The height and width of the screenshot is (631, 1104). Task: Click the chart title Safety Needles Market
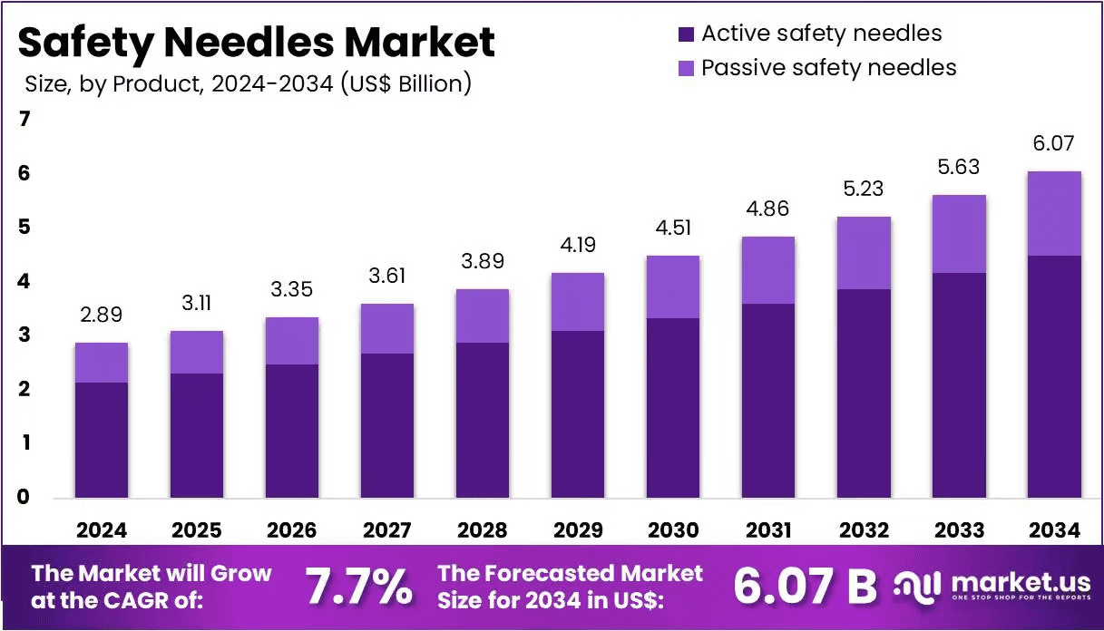[x=257, y=43]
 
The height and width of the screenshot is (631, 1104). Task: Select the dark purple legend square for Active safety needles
[x=686, y=34]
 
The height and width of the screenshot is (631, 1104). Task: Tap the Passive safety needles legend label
[x=829, y=68]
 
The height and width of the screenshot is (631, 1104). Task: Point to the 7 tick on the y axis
[x=24, y=119]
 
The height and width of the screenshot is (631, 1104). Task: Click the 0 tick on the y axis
[x=24, y=497]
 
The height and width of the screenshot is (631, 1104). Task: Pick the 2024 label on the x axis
[x=102, y=530]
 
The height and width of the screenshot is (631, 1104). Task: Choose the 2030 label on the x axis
[x=673, y=530]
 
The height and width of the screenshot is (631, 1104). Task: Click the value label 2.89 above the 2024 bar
[x=101, y=315]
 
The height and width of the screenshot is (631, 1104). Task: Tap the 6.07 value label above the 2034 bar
[x=1053, y=143]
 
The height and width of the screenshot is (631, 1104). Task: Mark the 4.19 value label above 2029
[x=578, y=245]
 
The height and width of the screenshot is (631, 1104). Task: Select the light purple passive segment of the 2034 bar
[x=1054, y=213]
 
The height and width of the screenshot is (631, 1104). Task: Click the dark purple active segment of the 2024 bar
[x=102, y=440]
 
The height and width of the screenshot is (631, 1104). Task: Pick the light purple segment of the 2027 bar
[x=387, y=328]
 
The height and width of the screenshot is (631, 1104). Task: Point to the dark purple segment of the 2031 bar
[x=768, y=401]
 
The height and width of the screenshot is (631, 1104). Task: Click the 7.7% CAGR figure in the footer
[x=359, y=587]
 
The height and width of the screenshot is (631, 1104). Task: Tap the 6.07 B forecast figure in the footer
[x=805, y=587]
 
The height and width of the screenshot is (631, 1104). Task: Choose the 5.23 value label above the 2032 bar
[x=864, y=189]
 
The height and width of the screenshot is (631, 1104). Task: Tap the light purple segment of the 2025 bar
[x=197, y=352]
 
